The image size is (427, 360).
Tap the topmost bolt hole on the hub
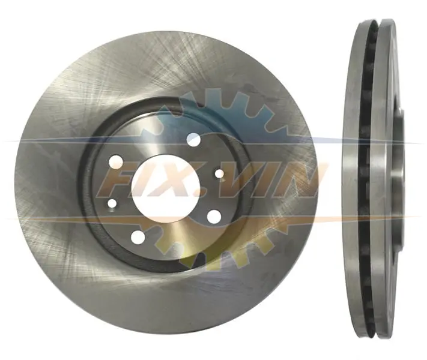tap(194, 140)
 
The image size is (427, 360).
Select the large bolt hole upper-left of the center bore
tap(116, 162)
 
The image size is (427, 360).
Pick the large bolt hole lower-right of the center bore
tap(214, 217)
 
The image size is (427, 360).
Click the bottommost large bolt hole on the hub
tap(138, 237)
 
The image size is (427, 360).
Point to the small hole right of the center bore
tap(219, 173)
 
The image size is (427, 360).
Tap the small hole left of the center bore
tap(112, 203)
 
